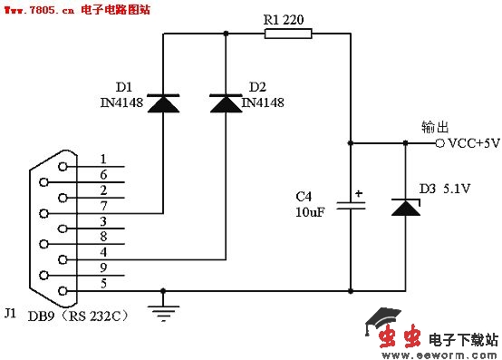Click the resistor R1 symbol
[x=288, y=35]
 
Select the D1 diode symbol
[x=163, y=104]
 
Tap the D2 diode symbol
[x=226, y=104]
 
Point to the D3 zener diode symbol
[x=405, y=208]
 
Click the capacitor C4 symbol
[x=351, y=206]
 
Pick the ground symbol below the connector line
[x=163, y=312]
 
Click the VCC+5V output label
[x=474, y=143]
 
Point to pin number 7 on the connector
[x=103, y=206]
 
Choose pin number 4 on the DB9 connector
[x=103, y=252]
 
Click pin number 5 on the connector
[x=103, y=283]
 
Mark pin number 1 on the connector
[x=103, y=160]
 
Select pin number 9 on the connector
[x=103, y=268]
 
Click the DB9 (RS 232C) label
[x=77, y=316]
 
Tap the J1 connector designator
[x=10, y=313]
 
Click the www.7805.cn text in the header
[x=37, y=9]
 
